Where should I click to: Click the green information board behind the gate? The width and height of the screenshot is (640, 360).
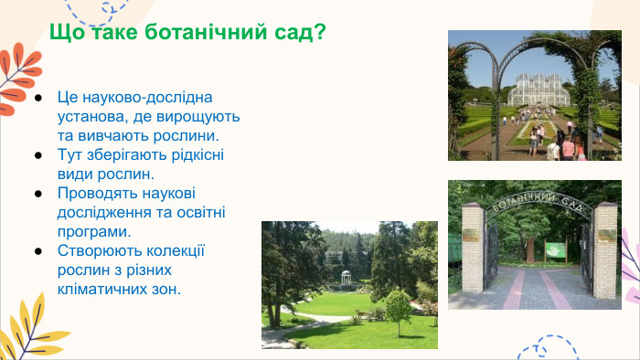(555, 249)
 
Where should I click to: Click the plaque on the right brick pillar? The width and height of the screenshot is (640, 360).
(606, 236)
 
